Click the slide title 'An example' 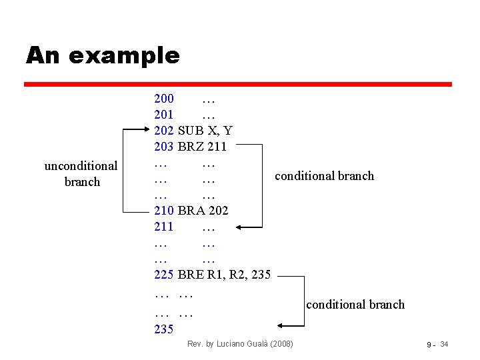(103, 55)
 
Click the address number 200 (164, 99)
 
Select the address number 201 (164, 115)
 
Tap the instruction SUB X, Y (205, 130)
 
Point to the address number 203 (164, 146)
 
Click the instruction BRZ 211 (203, 146)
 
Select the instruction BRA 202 (203, 211)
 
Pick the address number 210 (164, 211)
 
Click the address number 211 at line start (164, 227)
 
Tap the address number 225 (164, 275)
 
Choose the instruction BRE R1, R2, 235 (225, 275)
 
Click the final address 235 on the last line (164, 329)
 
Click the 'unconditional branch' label (81, 173)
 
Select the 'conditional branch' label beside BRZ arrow (324, 176)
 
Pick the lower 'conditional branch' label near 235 (355, 305)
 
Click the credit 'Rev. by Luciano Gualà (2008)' (240, 344)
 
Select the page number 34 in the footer (445, 344)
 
